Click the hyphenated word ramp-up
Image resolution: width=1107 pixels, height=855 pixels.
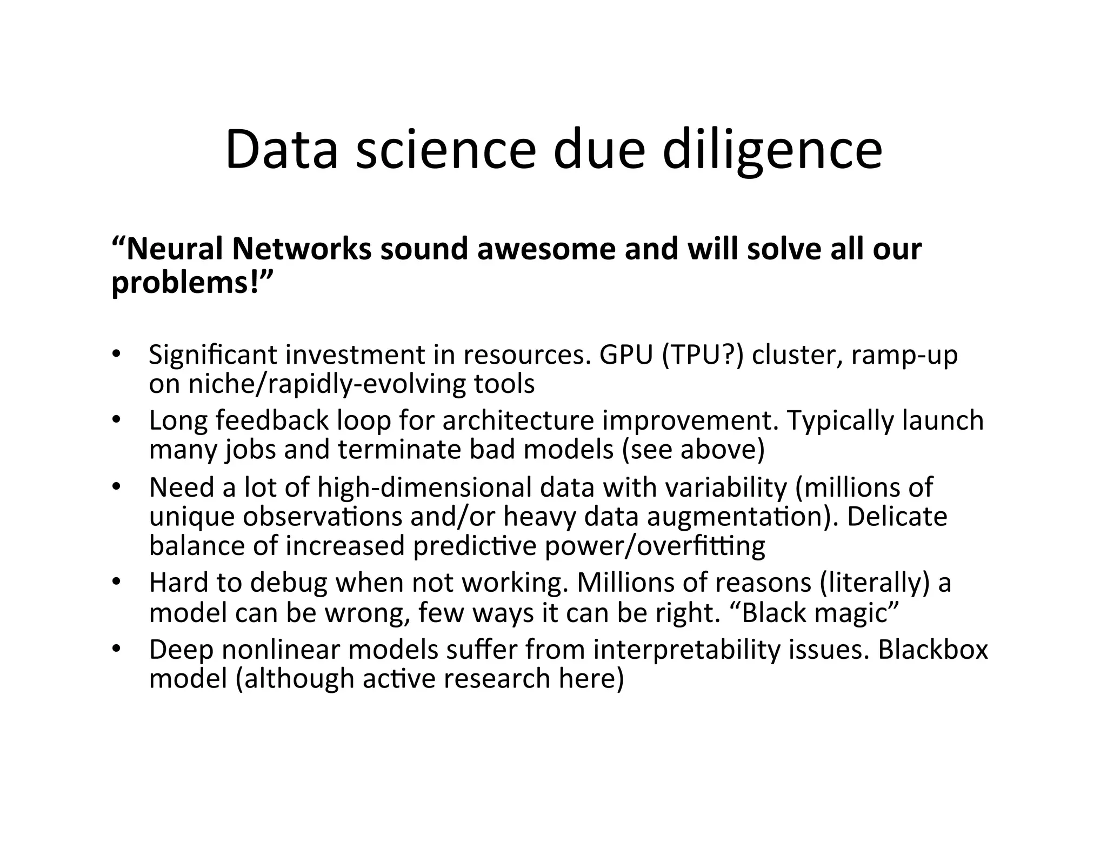point(904,355)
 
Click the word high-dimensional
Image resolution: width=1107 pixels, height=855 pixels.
point(424,487)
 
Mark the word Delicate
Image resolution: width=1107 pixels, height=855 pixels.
point(897,516)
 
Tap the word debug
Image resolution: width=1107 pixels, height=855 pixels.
point(289,583)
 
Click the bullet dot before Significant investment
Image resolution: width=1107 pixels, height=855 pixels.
point(116,354)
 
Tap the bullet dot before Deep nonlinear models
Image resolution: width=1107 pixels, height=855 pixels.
point(116,649)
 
